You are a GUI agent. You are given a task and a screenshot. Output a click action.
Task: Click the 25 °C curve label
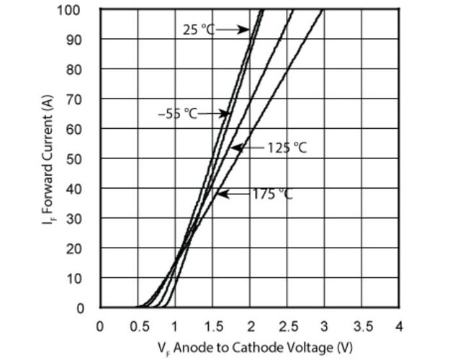pyautogui.click(x=199, y=30)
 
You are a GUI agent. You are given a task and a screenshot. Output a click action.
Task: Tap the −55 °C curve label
pyautogui.click(x=177, y=113)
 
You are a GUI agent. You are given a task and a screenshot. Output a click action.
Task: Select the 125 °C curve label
pyautogui.click(x=287, y=148)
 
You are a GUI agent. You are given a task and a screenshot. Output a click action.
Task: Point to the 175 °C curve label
pyautogui.click(x=272, y=194)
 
